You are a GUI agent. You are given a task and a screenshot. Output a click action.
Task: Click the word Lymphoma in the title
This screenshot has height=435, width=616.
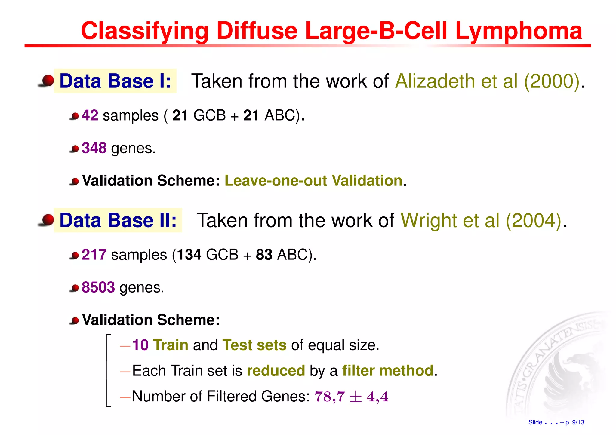(519, 31)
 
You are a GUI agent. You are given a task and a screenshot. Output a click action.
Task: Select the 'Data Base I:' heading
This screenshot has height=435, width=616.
(115, 81)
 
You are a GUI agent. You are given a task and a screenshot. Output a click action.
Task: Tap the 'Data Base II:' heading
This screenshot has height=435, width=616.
(118, 220)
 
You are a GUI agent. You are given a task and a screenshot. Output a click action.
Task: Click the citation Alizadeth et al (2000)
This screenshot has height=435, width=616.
(487, 81)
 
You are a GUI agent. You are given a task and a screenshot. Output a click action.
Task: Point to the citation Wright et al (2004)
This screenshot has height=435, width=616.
(481, 220)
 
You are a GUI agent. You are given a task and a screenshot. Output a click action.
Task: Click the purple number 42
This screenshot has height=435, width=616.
(90, 115)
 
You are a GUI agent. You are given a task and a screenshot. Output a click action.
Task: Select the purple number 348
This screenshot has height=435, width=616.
(94, 148)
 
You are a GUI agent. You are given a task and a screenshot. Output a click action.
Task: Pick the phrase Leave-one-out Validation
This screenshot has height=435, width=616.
(313, 181)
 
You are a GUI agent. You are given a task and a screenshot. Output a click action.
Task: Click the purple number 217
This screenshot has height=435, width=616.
(94, 255)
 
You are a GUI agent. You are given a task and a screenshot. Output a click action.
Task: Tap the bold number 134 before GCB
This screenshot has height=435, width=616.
(189, 255)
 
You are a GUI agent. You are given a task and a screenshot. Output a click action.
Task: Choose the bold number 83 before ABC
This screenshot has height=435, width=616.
(264, 255)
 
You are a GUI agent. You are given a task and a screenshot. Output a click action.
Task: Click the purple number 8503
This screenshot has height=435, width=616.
(98, 287)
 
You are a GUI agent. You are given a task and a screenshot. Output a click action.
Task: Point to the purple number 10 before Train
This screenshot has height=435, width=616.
(140, 345)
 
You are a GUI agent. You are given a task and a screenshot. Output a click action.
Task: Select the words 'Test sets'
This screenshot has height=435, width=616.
(254, 345)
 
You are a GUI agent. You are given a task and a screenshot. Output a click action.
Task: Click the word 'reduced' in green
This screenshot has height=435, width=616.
(276, 370)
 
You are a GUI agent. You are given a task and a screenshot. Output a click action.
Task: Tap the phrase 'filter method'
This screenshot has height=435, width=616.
(388, 370)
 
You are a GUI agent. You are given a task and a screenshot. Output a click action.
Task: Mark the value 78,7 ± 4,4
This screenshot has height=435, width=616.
(351, 397)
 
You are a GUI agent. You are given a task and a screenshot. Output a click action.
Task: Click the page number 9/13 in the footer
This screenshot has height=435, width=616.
(578, 422)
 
